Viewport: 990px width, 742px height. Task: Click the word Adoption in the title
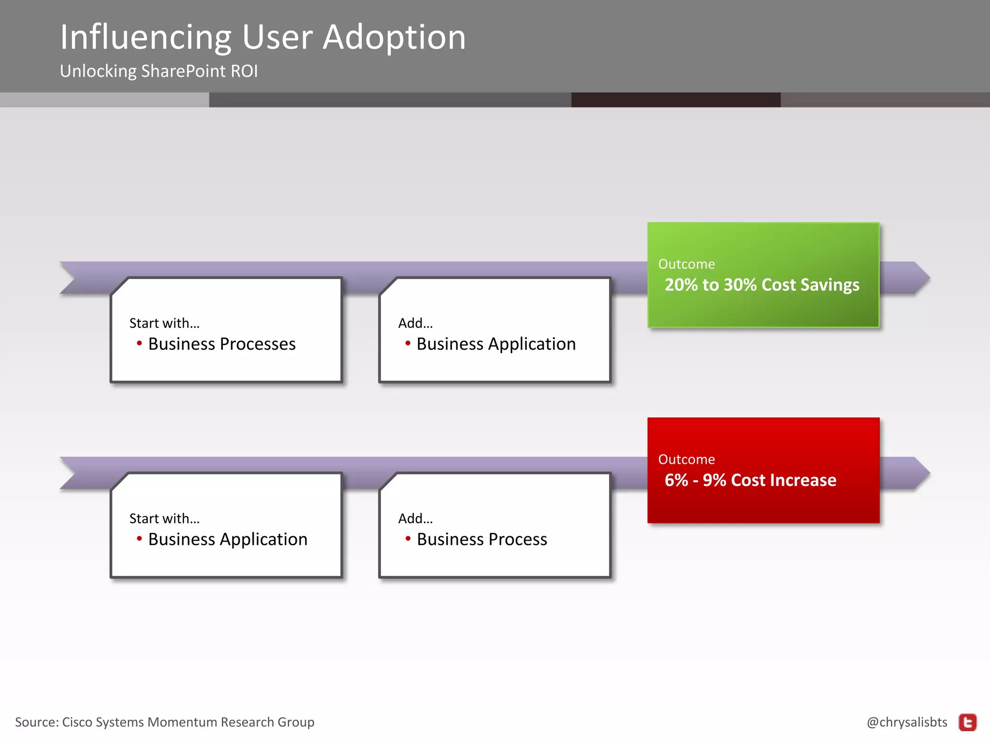[x=394, y=37]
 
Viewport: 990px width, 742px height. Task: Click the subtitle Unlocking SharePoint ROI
[x=159, y=71]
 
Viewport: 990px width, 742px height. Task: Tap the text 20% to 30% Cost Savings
[x=762, y=285]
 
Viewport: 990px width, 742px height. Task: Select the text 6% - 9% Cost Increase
[x=750, y=480]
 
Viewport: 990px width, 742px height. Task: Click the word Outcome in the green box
[x=686, y=264]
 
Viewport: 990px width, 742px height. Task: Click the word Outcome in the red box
[x=686, y=459]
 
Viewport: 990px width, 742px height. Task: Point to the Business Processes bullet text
[x=222, y=344]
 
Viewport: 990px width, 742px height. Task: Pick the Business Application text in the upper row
[x=496, y=344]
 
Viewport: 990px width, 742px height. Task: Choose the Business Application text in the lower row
[x=228, y=539]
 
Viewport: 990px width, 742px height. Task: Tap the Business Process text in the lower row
[x=482, y=539]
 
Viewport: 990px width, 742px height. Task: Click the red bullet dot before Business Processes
[x=139, y=343]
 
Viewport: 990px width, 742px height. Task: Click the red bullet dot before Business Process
[x=408, y=538]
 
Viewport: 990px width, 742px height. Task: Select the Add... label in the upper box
[x=415, y=323]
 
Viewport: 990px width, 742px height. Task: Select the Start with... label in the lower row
[x=164, y=518]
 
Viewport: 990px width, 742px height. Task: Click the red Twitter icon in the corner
[x=968, y=723]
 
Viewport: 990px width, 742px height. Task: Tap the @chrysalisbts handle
[x=907, y=722]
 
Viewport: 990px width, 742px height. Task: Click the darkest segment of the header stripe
[x=675, y=100]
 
